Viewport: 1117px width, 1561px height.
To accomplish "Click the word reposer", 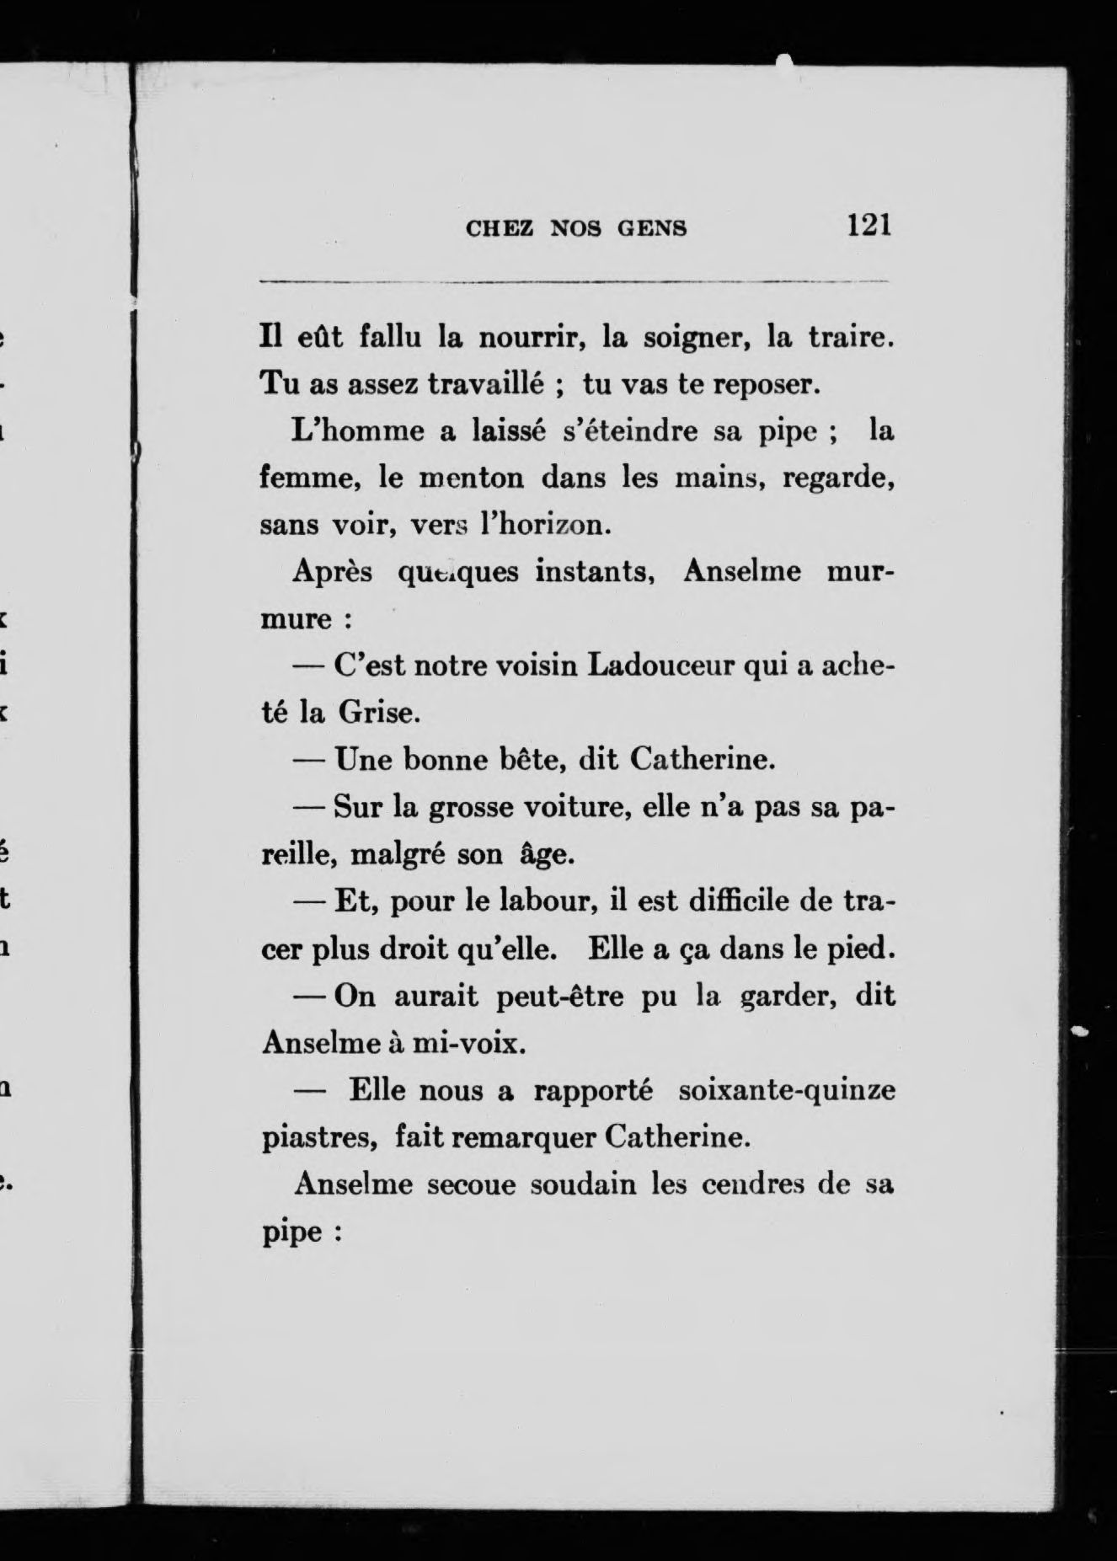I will pyautogui.click(x=766, y=385).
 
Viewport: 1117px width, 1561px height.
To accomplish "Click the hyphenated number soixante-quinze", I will pyautogui.click(x=786, y=1091).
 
